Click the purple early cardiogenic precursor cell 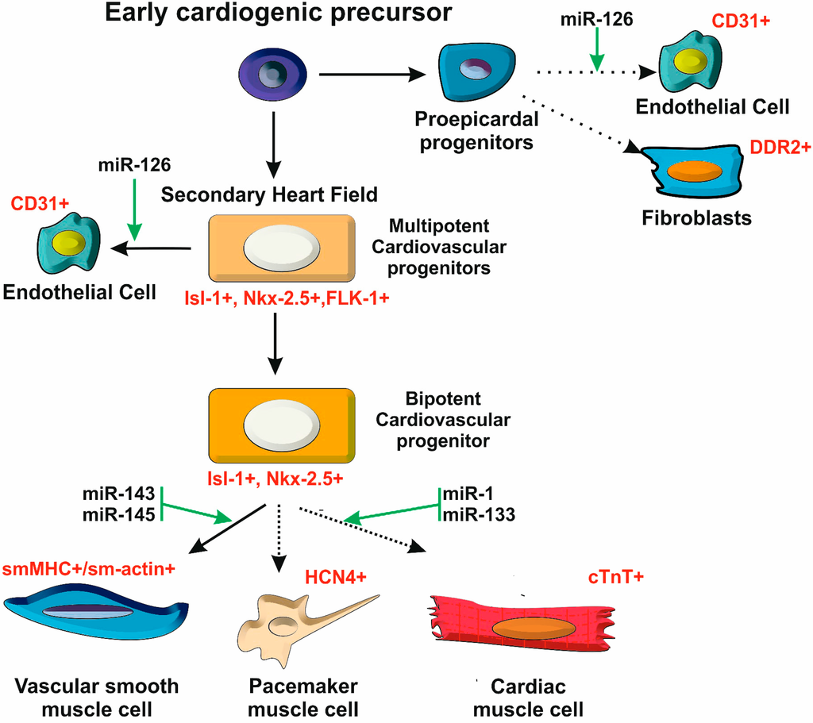point(272,76)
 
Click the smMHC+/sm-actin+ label point(88,569)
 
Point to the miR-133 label point(480,514)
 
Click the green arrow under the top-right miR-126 point(597,55)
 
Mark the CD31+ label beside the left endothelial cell point(38,204)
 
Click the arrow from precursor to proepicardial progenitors point(373,75)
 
